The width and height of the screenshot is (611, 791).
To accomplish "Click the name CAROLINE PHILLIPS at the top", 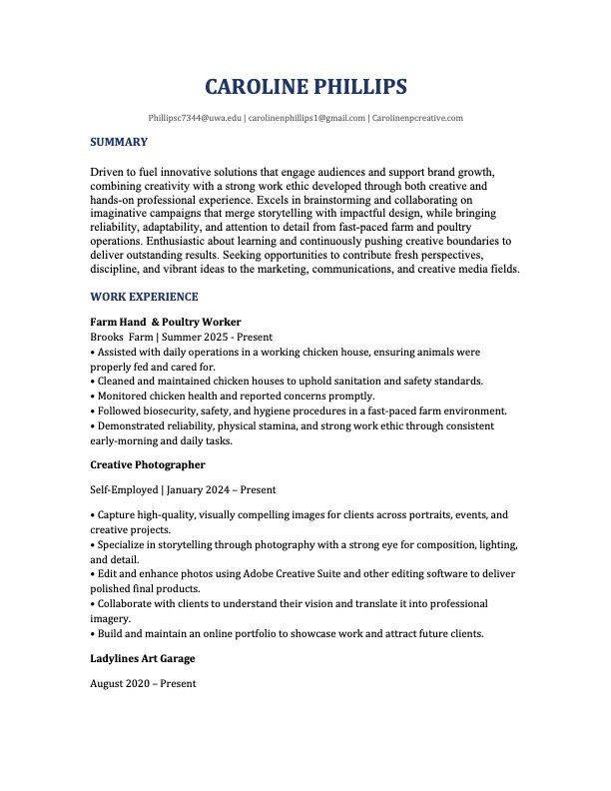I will [x=305, y=87].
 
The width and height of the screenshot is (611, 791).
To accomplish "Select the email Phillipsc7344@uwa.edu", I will [x=195, y=118].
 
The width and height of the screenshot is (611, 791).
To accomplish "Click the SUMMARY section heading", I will [x=119, y=142].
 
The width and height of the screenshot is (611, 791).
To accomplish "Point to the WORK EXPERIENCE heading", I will [x=144, y=297].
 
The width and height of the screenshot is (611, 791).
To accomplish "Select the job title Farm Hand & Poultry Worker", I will [x=166, y=323].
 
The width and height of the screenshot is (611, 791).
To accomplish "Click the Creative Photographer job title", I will [x=148, y=464].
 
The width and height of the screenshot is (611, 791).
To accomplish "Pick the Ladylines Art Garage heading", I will [x=142, y=658].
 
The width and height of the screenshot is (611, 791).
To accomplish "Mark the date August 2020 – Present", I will [x=143, y=684].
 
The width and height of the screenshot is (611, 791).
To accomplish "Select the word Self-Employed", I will [x=124, y=490].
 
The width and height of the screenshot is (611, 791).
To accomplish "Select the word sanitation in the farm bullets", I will [x=384, y=382].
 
